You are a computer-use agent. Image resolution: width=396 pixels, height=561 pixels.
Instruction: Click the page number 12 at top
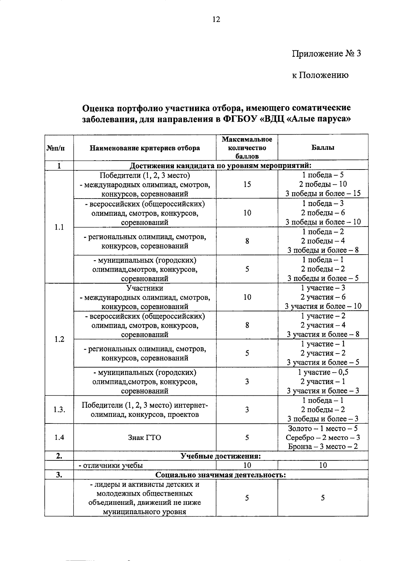coord(216,19)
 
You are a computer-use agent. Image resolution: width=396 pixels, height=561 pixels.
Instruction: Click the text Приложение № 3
coord(326,53)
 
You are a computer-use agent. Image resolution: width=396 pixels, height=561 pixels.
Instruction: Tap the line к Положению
coord(320,75)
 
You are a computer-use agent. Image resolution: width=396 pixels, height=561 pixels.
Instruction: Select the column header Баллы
coord(323,147)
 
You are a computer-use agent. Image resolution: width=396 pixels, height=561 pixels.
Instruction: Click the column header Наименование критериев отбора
coord(145,148)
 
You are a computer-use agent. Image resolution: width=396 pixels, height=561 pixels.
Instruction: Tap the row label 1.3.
coord(59,410)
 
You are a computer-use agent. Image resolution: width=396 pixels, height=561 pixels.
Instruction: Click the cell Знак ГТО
coord(145,438)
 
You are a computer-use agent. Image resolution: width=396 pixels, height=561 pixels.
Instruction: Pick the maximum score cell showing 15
coord(247,184)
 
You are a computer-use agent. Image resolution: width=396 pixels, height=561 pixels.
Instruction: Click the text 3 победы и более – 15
coord(323,194)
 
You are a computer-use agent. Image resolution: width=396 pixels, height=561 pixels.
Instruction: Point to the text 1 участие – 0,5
coord(323,372)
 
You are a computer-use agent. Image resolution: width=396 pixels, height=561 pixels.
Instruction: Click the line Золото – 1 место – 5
coord(323,428)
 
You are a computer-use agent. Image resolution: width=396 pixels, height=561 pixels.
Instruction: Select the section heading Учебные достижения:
coord(220,456)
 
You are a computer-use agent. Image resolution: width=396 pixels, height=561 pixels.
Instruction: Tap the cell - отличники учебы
coord(111,465)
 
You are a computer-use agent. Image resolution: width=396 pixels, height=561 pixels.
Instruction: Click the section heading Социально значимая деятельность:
coord(220,475)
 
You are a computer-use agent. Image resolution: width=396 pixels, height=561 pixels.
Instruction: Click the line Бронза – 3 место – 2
coord(323,447)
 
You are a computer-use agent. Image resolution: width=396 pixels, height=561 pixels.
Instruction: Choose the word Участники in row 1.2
coord(145,288)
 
